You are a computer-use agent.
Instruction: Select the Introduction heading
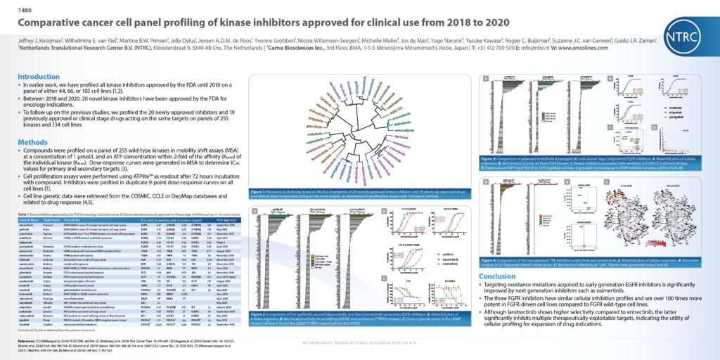[x=39, y=76]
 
